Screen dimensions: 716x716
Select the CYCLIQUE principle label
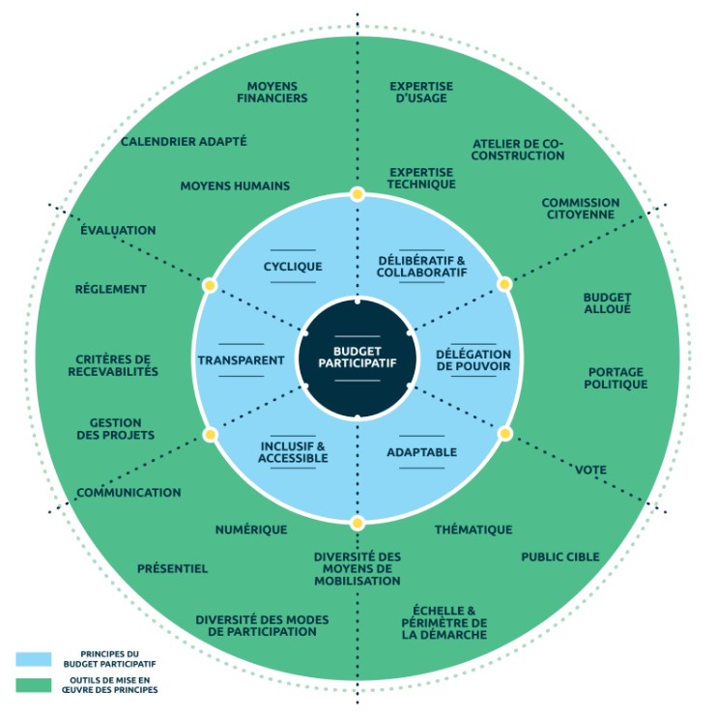point(293,267)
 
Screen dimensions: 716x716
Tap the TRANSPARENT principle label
point(242,360)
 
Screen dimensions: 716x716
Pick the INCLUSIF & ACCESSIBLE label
point(293,452)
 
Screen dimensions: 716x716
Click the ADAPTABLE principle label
point(421,452)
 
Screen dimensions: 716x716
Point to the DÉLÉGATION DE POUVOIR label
point(473,360)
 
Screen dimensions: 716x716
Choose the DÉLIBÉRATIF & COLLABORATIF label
point(421,267)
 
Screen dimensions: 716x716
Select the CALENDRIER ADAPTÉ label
point(184,141)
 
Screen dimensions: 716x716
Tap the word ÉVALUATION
point(118,230)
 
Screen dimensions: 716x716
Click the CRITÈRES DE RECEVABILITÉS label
point(117,365)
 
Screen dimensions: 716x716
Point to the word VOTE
point(590,470)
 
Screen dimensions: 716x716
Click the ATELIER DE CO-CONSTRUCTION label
point(518,149)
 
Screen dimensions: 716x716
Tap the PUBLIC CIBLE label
point(560,557)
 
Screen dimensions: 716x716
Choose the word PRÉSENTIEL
point(172,568)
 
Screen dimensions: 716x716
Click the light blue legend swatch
point(33,659)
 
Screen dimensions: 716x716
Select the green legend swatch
point(33,685)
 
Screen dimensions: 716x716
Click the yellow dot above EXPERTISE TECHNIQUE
point(358,194)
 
